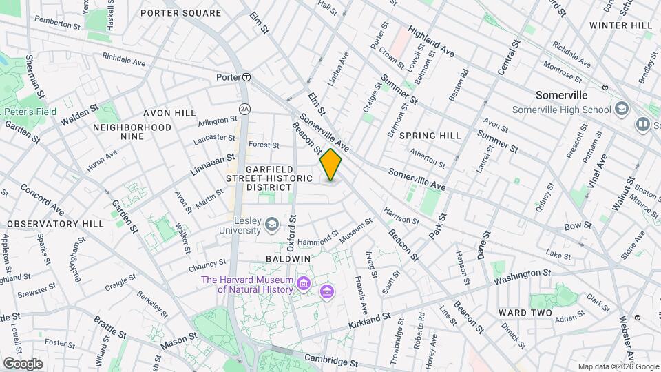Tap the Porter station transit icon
(245, 77)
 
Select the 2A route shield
(244, 109)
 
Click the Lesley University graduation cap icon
(272, 223)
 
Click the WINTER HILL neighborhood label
(620, 25)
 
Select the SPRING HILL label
(430, 136)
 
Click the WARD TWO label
(525, 313)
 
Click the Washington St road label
(523, 278)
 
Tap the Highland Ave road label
(431, 41)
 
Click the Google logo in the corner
(22, 363)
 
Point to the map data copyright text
(618, 366)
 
